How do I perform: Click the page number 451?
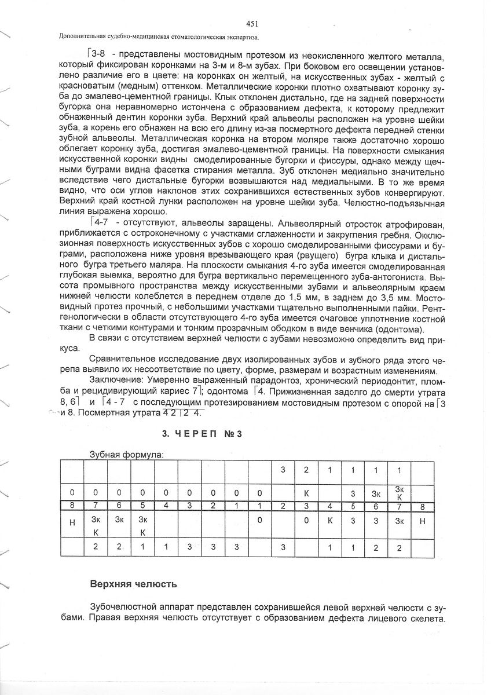(x=251, y=24)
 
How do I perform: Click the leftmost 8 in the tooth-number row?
(x=72, y=505)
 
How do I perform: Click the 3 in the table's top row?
(x=283, y=469)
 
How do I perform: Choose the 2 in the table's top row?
(x=306, y=469)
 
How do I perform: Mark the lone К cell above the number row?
(x=306, y=492)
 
